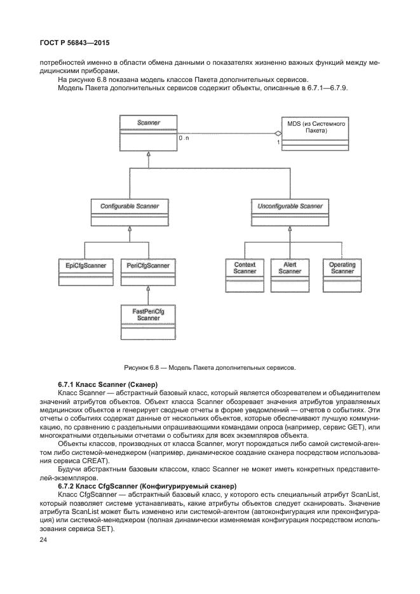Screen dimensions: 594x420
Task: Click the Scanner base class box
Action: point(148,132)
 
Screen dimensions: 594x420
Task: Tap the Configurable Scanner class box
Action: point(130,213)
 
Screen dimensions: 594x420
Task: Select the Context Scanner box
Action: point(245,274)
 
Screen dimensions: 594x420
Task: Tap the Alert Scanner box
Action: point(290,274)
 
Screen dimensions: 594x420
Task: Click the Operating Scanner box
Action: point(342,274)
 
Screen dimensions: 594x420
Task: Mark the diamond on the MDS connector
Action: point(277,133)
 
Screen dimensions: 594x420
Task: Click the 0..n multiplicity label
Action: point(184,138)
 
